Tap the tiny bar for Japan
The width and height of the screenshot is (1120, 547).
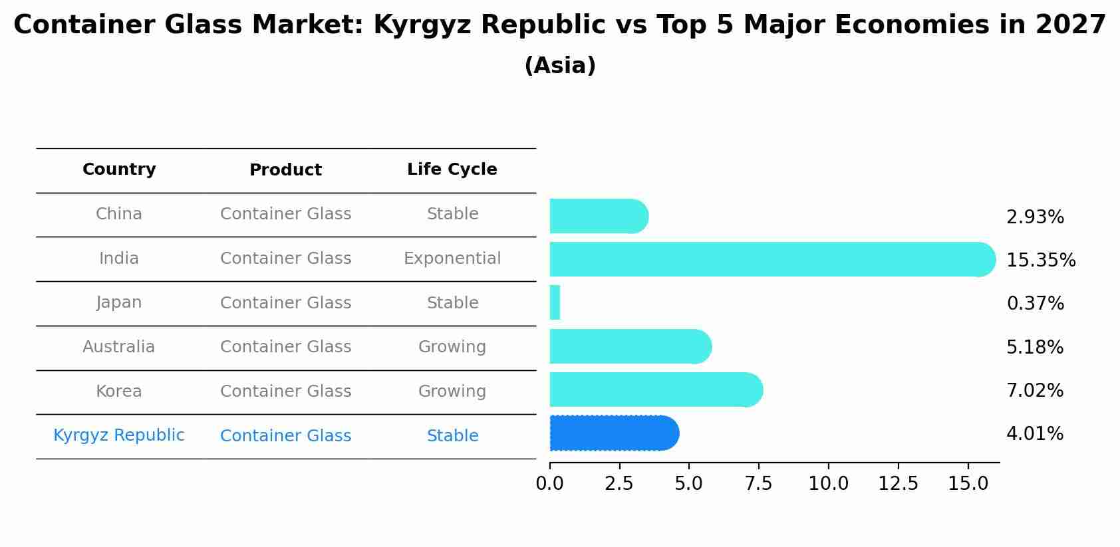click(555, 303)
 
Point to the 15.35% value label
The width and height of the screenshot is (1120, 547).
click(1040, 261)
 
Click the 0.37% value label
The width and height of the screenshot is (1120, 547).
click(1035, 304)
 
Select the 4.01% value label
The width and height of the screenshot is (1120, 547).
click(1034, 434)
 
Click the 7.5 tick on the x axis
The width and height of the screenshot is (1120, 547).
click(758, 484)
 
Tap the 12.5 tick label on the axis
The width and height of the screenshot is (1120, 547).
click(898, 484)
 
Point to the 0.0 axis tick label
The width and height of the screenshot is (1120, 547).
click(549, 484)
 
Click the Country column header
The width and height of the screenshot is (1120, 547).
click(119, 169)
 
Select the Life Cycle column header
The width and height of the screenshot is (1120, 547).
click(452, 169)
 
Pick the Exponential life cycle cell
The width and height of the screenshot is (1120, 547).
click(452, 259)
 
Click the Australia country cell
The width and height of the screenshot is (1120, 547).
click(118, 347)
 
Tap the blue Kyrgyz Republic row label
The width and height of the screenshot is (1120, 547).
click(118, 435)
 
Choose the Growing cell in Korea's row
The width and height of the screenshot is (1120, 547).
click(452, 391)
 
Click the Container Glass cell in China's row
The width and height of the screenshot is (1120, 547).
click(285, 214)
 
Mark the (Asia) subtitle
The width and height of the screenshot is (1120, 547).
click(559, 66)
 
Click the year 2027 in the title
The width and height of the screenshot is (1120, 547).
click(1070, 25)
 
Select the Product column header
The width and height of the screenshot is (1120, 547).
click(285, 170)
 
